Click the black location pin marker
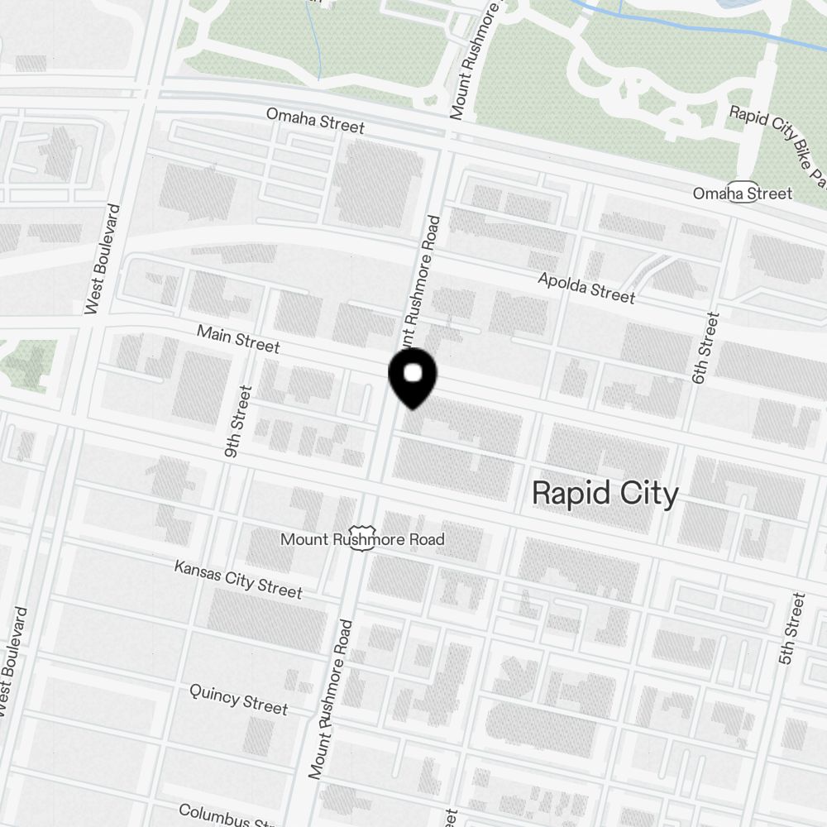click(412, 379)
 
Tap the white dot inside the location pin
click(412, 375)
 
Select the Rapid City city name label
click(605, 493)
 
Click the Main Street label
click(238, 338)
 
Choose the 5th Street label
click(791, 629)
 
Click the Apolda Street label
click(586, 288)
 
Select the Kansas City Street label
click(238, 579)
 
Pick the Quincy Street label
click(238, 699)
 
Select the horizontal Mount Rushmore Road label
click(362, 540)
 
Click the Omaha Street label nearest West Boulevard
click(314, 121)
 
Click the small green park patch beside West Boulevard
click(29, 364)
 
